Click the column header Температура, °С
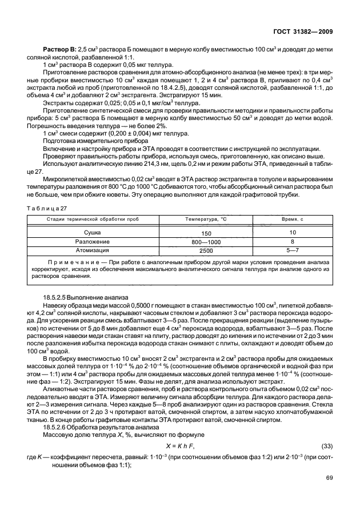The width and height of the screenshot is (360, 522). (x=206, y=220)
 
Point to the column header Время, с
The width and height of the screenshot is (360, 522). (x=293, y=220)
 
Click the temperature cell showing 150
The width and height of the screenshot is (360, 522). (x=206, y=234)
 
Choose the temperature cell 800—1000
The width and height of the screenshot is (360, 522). (x=206, y=242)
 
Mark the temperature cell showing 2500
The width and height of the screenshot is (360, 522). (x=206, y=250)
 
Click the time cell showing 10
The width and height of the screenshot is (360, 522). (x=293, y=233)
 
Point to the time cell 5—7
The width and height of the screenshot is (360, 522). (x=293, y=250)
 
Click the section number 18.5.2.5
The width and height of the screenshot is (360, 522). (x=60, y=298)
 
